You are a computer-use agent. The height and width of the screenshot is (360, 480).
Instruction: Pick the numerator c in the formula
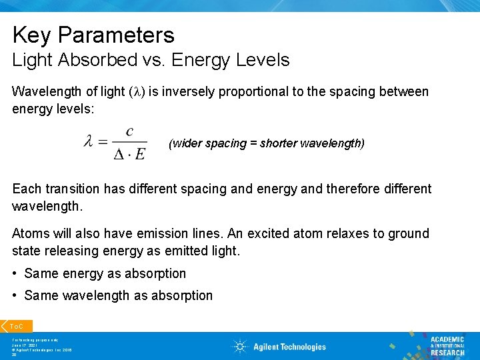129,131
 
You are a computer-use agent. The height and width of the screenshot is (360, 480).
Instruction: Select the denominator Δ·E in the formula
129,155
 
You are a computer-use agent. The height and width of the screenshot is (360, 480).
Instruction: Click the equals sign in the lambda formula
103,143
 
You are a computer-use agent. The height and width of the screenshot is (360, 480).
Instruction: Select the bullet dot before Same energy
15,273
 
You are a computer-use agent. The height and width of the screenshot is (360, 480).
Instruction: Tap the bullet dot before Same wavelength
15,295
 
